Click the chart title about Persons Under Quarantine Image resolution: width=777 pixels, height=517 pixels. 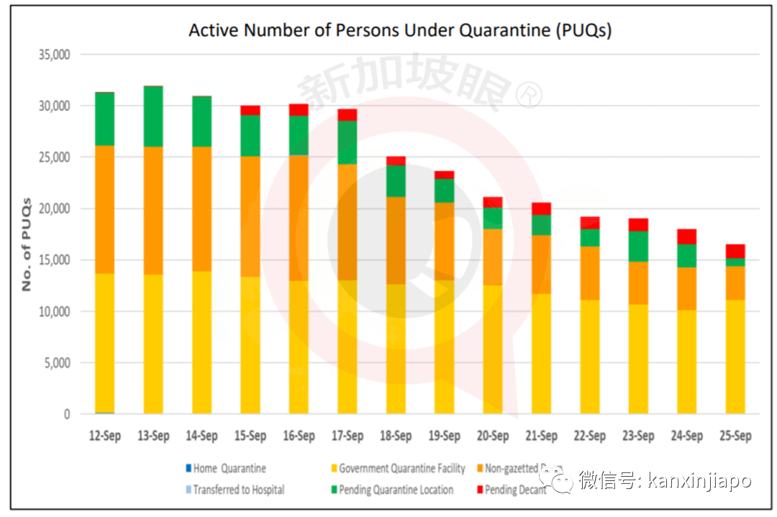(399, 30)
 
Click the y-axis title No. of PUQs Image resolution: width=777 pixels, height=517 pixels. (27, 244)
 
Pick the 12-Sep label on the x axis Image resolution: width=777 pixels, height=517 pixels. (104, 436)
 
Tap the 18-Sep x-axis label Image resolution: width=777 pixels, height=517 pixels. (396, 436)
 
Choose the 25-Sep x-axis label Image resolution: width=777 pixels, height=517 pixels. (735, 436)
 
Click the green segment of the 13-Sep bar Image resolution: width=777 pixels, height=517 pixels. (153, 116)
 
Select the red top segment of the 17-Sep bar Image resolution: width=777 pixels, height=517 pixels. (347, 115)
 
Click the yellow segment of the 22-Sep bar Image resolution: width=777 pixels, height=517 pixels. (590, 357)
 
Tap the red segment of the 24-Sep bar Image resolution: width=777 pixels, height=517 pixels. (687, 237)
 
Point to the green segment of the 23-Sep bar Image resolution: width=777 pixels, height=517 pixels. (638, 246)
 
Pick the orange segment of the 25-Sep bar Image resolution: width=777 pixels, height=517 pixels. (735, 283)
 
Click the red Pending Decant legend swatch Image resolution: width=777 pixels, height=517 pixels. (478, 490)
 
